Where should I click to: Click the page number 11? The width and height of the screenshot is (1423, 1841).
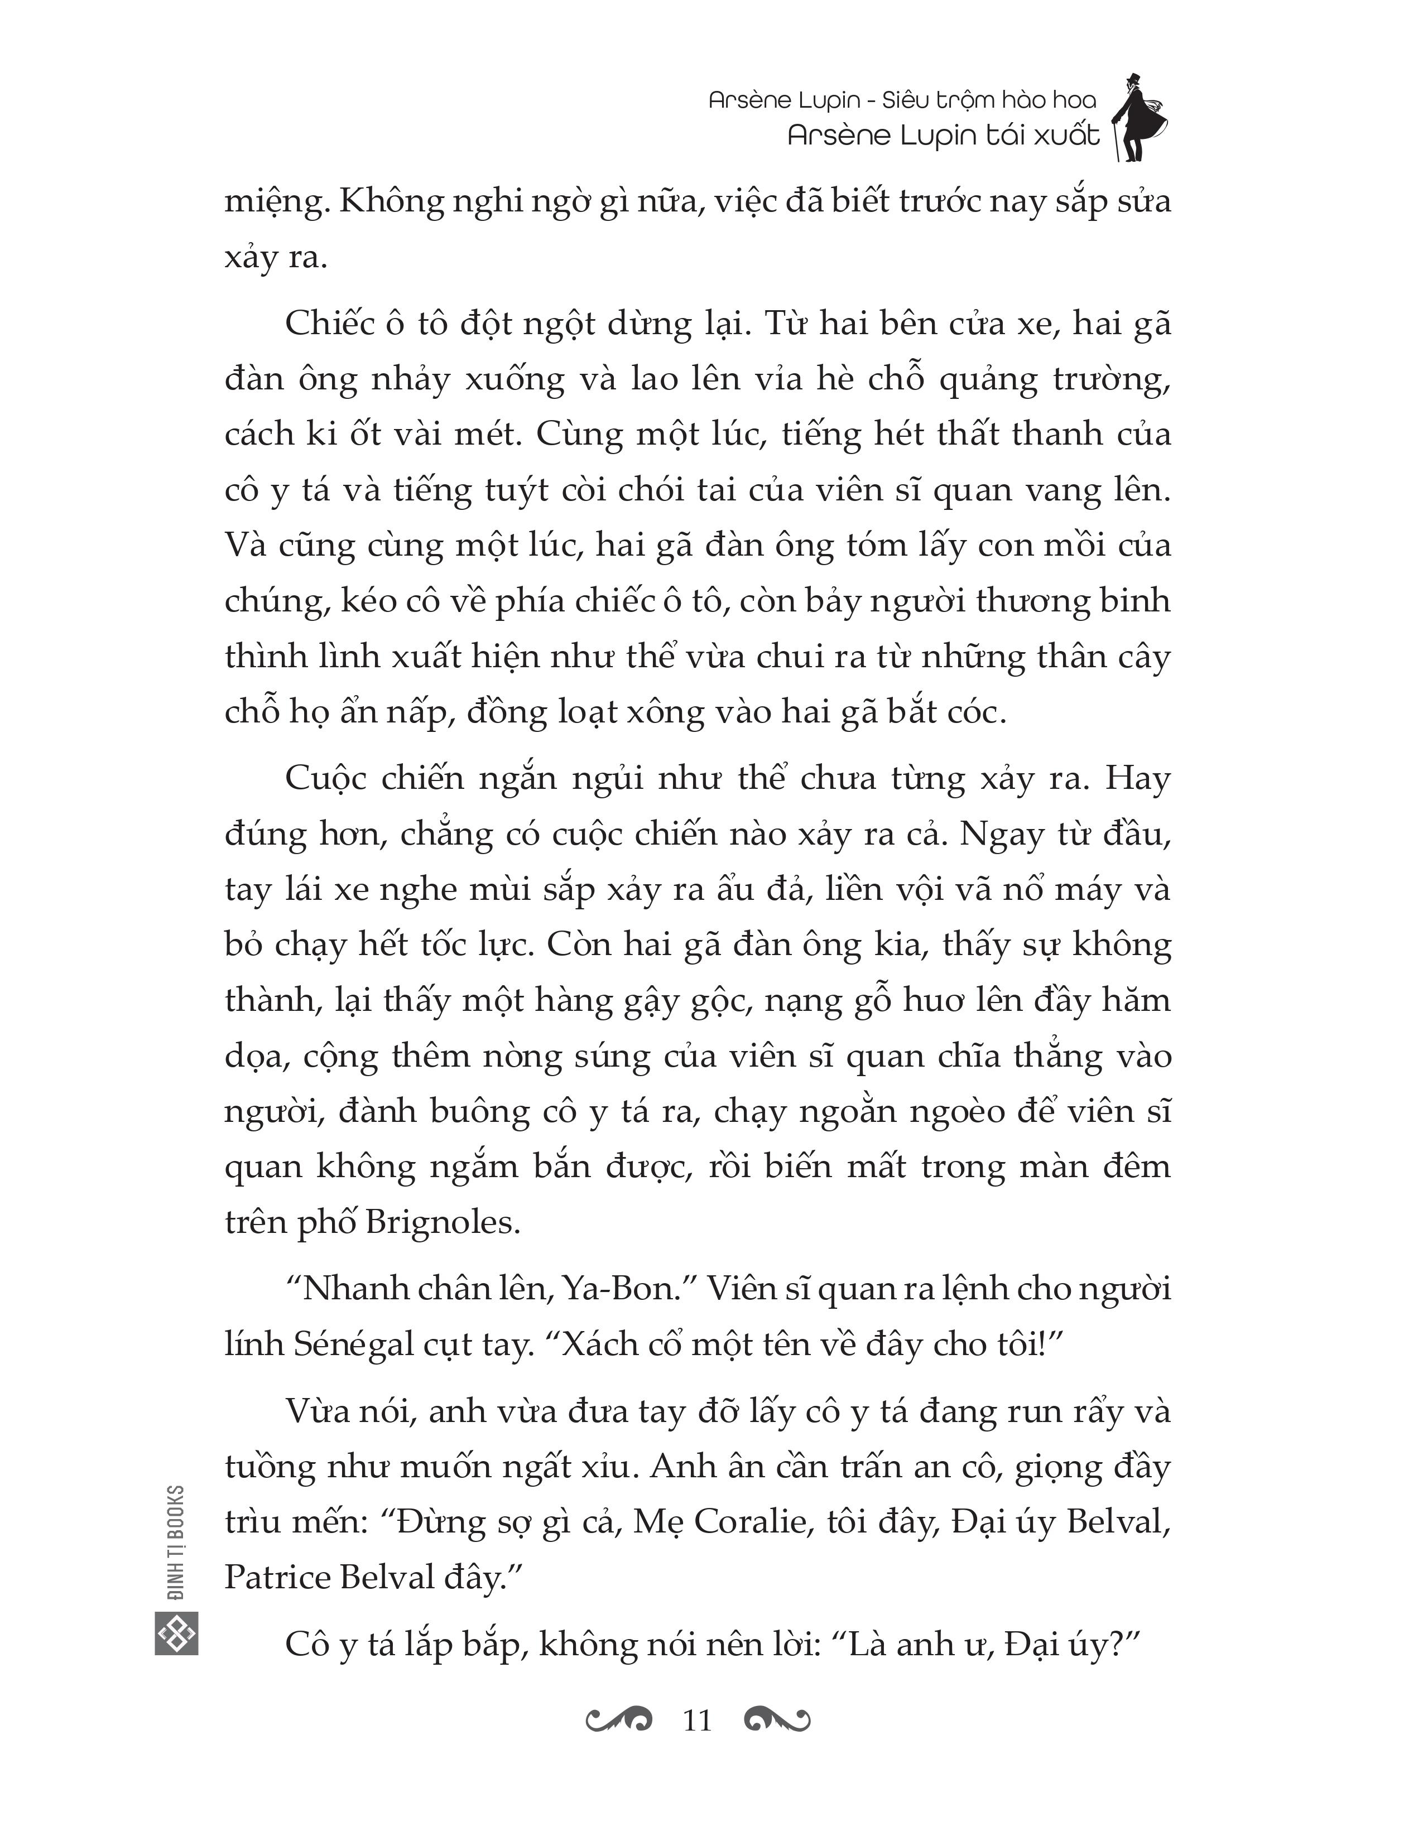[697, 1719]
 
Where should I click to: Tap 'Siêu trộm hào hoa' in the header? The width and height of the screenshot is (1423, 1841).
[989, 100]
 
